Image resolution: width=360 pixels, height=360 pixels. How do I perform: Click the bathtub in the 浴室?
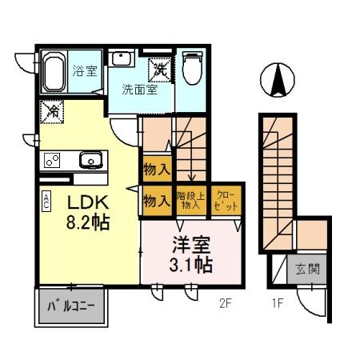(x=54, y=73)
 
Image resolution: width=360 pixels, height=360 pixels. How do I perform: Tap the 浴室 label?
(x=85, y=70)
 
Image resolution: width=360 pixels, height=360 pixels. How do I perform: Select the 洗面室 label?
(x=139, y=90)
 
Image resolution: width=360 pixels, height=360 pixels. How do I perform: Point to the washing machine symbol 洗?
(x=161, y=70)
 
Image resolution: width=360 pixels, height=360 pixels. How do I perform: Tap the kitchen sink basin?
(x=90, y=161)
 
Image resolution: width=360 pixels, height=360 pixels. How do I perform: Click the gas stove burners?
(x=51, y=160)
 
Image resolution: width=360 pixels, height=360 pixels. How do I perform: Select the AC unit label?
(x=47, y=200)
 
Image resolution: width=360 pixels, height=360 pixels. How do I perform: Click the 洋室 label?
(x=190, y=244)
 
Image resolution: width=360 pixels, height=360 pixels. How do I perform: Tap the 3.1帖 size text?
(x=190, y=265)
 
